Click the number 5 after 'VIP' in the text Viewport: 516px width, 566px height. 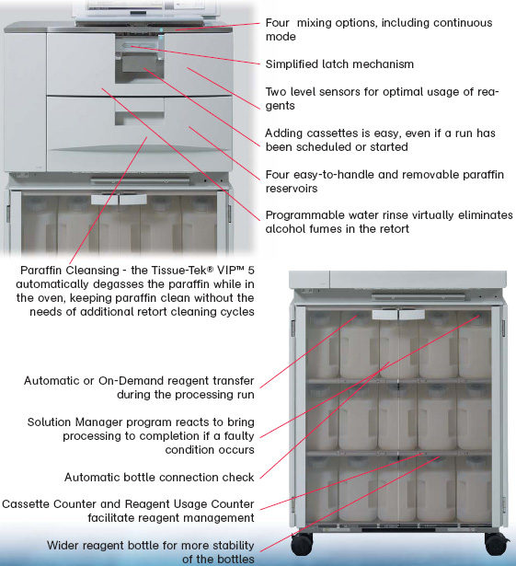click(251, 270)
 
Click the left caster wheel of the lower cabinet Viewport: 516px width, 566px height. click(302, 543)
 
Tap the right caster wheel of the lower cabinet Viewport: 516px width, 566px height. click(496, 543)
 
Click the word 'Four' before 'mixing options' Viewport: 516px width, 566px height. click(277, 23)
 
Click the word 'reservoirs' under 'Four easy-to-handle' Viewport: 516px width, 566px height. click(292, 189)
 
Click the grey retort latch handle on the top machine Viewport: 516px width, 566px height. click(139, 64)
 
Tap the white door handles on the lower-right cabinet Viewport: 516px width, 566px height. click(398, 315)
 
